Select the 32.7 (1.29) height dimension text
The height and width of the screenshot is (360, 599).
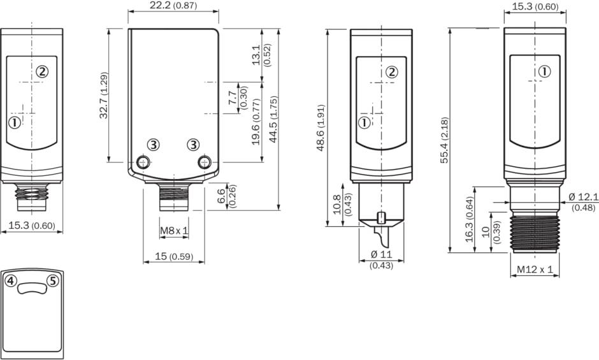[x=104, y=95]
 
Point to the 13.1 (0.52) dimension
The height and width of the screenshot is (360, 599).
[x=262, y=55]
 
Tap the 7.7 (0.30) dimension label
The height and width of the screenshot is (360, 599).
[x=238, y=98]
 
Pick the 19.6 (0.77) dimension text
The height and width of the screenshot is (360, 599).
[x=256, y=122]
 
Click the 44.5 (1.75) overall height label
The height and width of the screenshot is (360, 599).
[x=273, y=119]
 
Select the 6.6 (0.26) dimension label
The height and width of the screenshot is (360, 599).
[x=226, y=196]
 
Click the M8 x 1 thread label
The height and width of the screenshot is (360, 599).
[x=174, y=231]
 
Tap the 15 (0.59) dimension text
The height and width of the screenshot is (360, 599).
[x=174, y=256]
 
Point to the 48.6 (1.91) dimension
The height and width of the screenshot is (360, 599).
[x=321, y=127]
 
